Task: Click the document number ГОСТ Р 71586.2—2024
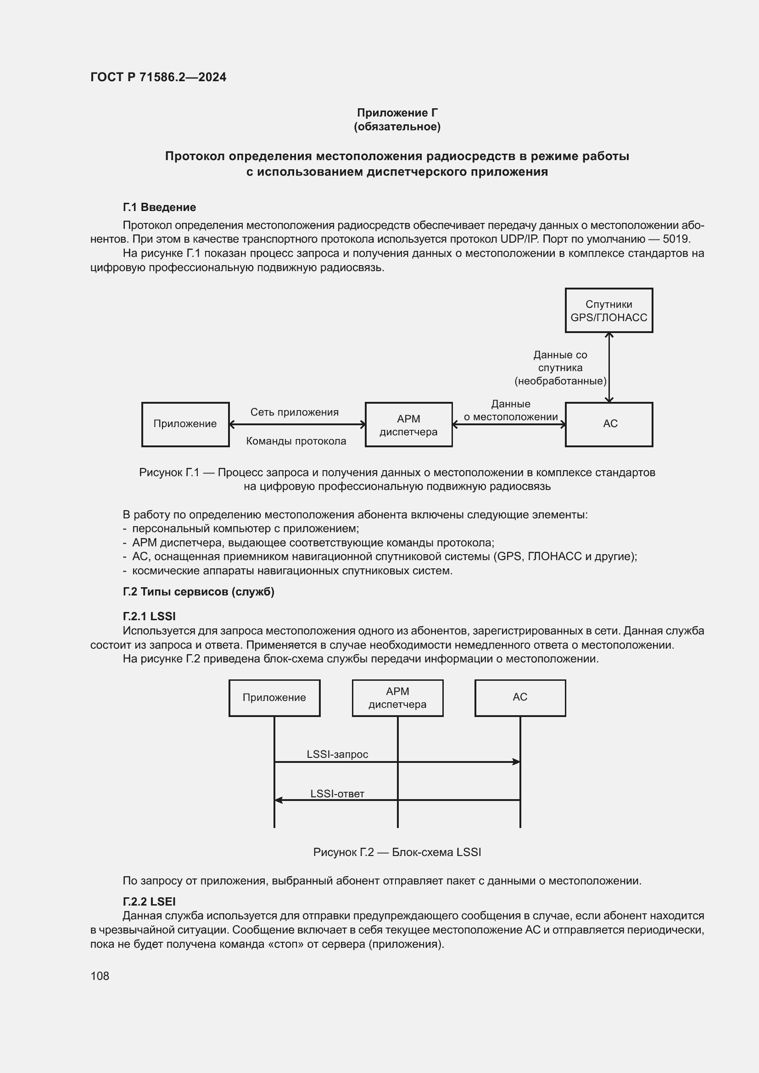[158, 77]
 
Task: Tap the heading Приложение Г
[397, 113]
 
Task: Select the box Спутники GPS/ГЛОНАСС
[608, 311]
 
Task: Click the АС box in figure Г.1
[608, 424]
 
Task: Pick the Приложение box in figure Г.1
[185, 424]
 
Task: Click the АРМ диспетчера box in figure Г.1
[408, 425]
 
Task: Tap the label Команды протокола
[296, 441]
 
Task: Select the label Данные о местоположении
[510, 410]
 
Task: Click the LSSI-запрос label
[337, 754]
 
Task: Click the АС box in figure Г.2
[520, 697]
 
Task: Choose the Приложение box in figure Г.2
[274, 698]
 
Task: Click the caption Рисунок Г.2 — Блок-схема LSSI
[397, 852]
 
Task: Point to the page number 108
[100, 976]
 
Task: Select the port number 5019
[676, 239]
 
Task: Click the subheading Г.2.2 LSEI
[149, 901]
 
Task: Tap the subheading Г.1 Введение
[159, 207]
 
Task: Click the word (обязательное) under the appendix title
[397, 127]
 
